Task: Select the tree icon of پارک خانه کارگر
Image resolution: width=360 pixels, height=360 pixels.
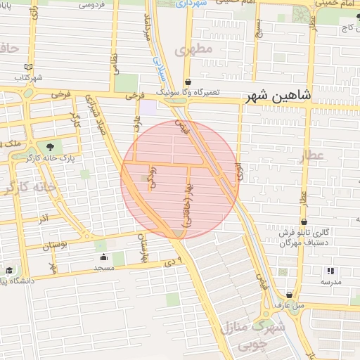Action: [49, 147]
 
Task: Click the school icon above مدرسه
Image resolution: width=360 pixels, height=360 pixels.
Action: [331, 271]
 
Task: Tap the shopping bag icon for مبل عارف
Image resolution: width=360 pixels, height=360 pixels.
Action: [290, 295]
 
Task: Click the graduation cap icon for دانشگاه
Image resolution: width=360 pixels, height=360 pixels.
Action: [9, 271]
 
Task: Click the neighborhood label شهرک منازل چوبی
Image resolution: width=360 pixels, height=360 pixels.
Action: [252, 336]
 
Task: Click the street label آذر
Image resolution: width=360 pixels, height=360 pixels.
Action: [44, 219]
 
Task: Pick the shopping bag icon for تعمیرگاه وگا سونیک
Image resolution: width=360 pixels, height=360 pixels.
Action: [187, 82]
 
